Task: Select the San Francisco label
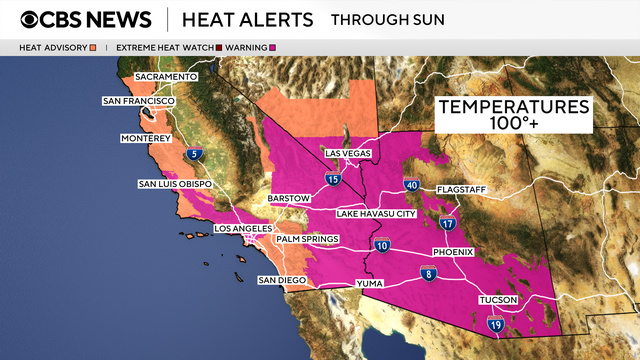point(139,101)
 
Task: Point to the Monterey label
point(146,137)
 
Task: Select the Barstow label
point(290,199)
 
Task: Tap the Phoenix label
point(453,252)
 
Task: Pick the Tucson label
point(499,299)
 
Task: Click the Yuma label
point(369,284)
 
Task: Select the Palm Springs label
point(308,239)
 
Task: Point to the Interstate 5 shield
point(197,154)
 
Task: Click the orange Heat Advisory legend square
point(92,47)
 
